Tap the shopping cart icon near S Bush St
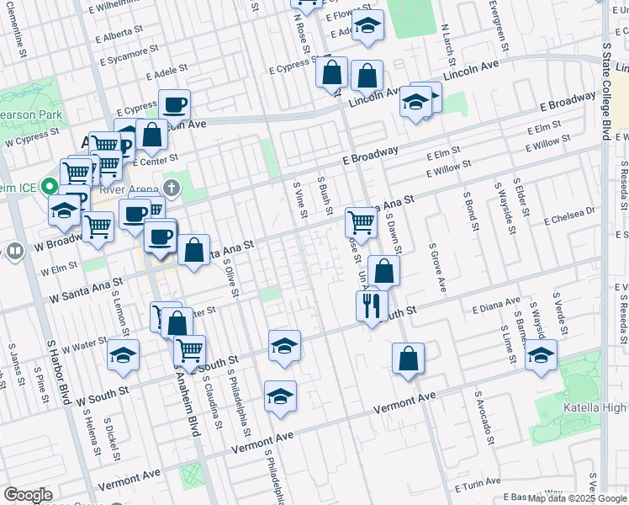361,221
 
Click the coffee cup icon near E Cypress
174,104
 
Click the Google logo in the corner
28,495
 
